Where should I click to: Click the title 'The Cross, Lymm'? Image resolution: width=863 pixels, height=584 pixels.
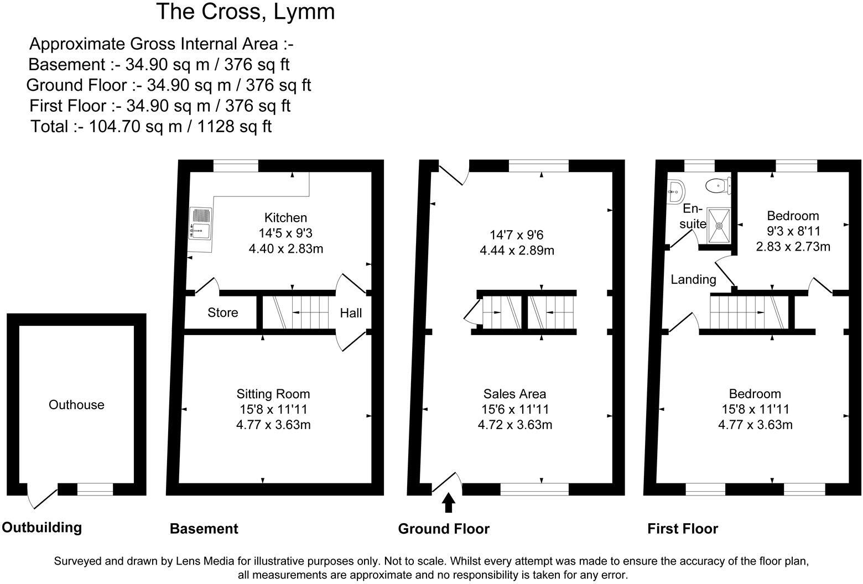pyautogui.click(x=246, y=12)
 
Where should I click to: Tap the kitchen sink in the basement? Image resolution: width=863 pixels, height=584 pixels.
pyautogui.click(x=200, y=224)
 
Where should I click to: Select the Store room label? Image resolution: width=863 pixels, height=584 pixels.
pyautogui.click(x=223, y=313)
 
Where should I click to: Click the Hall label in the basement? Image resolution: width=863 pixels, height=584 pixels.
pyautogui.click(x=351, y=313)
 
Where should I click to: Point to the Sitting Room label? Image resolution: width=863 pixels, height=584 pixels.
pyautogui.click(x=273, y=394)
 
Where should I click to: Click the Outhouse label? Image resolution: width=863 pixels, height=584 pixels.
pyautogui.click(x=76, y=405)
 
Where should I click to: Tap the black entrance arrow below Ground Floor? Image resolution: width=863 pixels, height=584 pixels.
pyautogui.click(x=449, y=503)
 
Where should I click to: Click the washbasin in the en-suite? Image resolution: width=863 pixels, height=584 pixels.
pyautogui.click(x=675, y=191)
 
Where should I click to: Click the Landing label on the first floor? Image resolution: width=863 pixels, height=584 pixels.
pyautogui.click(x=693, y=280)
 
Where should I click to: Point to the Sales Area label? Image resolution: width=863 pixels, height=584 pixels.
pyautogui.click(x=514, y=394)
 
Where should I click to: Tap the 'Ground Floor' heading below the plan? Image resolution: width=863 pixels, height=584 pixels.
pyautogui.click(x=444, y=529)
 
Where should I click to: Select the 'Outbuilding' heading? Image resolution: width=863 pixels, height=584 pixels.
pyautogui.click(x=42, y=528)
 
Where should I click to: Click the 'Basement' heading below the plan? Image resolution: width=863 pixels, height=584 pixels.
pyautogui.click(x=204, y=529)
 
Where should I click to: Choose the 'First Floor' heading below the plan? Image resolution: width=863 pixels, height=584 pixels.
pyautogui.click(x=683, y=529)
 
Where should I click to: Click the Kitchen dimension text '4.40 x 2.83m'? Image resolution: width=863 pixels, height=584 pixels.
pyautogui.click(x=286, y=249)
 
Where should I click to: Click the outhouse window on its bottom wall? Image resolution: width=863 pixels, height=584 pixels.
pyautogui.click(x=95, y=489)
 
